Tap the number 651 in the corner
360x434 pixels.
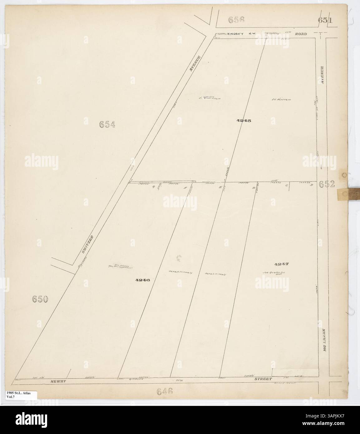coord(326,20)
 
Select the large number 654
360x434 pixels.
coord(107,125)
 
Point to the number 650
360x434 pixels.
coord(40,299)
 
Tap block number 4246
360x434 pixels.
coord(143,280)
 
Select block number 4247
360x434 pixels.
coord(282,264)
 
